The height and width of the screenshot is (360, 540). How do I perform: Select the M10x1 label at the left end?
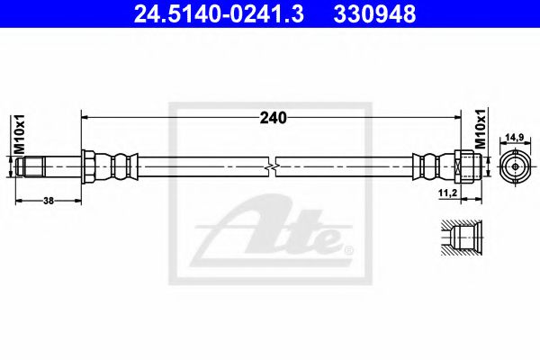click(19, 132)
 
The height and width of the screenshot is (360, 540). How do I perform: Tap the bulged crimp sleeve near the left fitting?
click(120, 166)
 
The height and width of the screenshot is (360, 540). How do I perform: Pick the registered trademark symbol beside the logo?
click(349, 249)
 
